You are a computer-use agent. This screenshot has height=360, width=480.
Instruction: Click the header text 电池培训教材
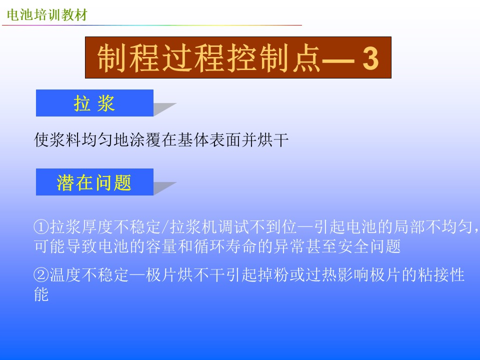tap(47, 14)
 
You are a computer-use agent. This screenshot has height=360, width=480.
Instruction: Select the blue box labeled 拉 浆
tap(94, 103)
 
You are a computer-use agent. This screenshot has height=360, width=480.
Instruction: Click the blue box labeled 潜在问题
tap(94, 182)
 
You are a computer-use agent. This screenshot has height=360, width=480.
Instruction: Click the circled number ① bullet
tap(41, 227)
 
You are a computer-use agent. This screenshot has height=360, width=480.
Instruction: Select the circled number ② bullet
tap(41, 274)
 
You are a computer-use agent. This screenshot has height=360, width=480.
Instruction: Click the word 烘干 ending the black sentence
tap(273, 140)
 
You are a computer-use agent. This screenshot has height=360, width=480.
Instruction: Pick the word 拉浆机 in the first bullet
tap(193, 227)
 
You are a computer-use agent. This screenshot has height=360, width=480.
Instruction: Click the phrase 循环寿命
tap(225, 246)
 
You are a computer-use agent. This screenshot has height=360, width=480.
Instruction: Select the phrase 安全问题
tap(369, 246)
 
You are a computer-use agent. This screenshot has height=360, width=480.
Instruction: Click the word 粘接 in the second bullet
tap(433, 274)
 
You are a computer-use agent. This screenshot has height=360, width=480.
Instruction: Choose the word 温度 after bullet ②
tap(65, 274)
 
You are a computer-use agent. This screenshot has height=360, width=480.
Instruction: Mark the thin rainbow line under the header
tap(152, 25)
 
